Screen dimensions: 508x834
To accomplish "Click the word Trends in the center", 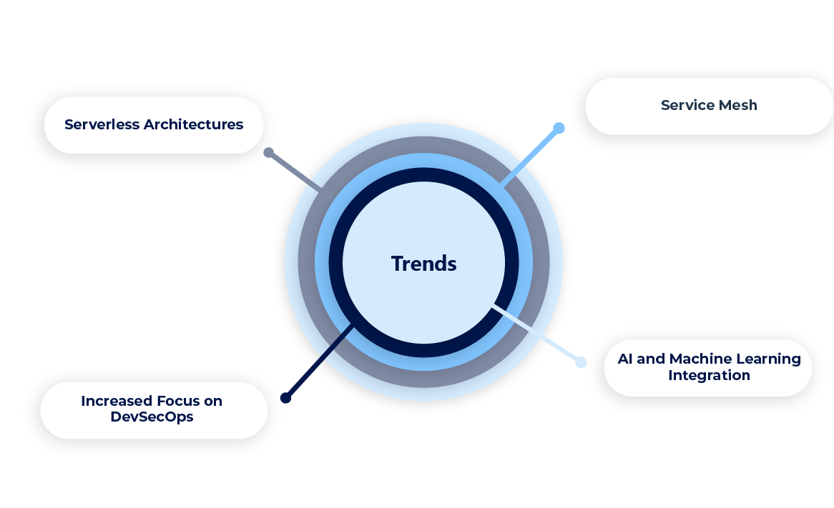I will (423, 264).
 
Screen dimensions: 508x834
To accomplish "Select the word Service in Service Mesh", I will (685, 105).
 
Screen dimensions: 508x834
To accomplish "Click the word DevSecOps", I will (152, 417).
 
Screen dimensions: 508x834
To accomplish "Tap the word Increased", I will (115, 401).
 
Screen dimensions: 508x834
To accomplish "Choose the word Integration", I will (709, 375).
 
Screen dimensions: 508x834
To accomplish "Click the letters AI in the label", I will (624, 359).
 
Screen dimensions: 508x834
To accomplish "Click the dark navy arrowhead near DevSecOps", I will (289, 397).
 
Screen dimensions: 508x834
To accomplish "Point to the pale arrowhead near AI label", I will (577, 353).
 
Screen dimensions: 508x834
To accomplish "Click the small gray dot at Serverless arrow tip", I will (268, 152).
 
